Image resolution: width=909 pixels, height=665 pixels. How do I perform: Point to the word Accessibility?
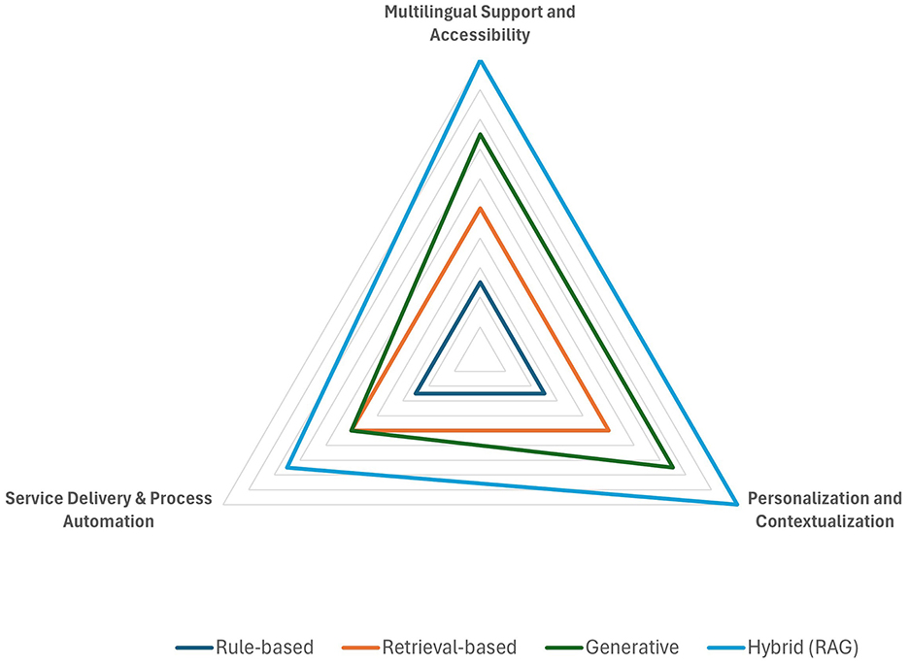point(480,35)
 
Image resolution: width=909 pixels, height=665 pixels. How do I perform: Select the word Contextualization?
point(825,521)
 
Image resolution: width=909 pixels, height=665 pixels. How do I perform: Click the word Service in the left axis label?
point(33,499)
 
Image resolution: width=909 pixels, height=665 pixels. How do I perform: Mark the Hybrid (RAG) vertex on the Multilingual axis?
point(480,61)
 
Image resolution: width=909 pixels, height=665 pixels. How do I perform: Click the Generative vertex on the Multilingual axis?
point(480,135)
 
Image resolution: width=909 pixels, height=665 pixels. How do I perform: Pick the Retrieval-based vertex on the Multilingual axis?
point(480,209)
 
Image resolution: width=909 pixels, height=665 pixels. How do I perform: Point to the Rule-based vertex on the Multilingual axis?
point(480,283)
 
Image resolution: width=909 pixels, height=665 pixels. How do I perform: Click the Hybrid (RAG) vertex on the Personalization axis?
point(736,504)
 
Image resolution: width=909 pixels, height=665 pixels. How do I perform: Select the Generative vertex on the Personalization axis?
point(672,467)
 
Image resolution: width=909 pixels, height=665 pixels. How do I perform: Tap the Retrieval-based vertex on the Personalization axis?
point(608,430)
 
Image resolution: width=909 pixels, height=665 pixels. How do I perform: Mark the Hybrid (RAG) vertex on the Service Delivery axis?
point(287,468)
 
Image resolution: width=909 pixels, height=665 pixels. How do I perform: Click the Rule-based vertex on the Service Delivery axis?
point(416,393)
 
